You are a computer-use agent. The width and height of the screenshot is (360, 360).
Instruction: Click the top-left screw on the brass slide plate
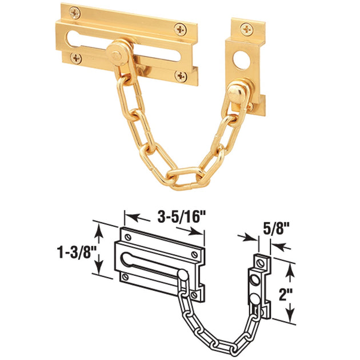click(73, 11)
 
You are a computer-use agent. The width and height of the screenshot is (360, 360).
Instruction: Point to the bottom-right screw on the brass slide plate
click(181, 75)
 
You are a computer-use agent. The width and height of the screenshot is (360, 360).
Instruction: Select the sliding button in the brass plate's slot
click(118, 55)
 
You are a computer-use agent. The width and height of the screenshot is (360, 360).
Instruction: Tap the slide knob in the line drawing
click(182, 275)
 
